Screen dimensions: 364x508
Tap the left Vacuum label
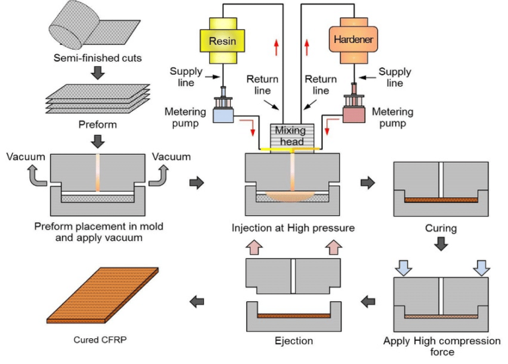(x=26, y=157)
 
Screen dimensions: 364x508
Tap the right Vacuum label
(x=171, y=157)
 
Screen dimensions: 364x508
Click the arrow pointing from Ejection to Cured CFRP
(x=196, y=302)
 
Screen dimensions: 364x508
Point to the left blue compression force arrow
(x=402, y=266)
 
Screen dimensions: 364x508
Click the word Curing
(x=441, y=228)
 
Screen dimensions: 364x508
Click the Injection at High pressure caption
(x=293, y=228)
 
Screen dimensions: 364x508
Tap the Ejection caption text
(x=293, y=341)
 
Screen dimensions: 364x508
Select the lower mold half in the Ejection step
(x=293, y=317)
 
